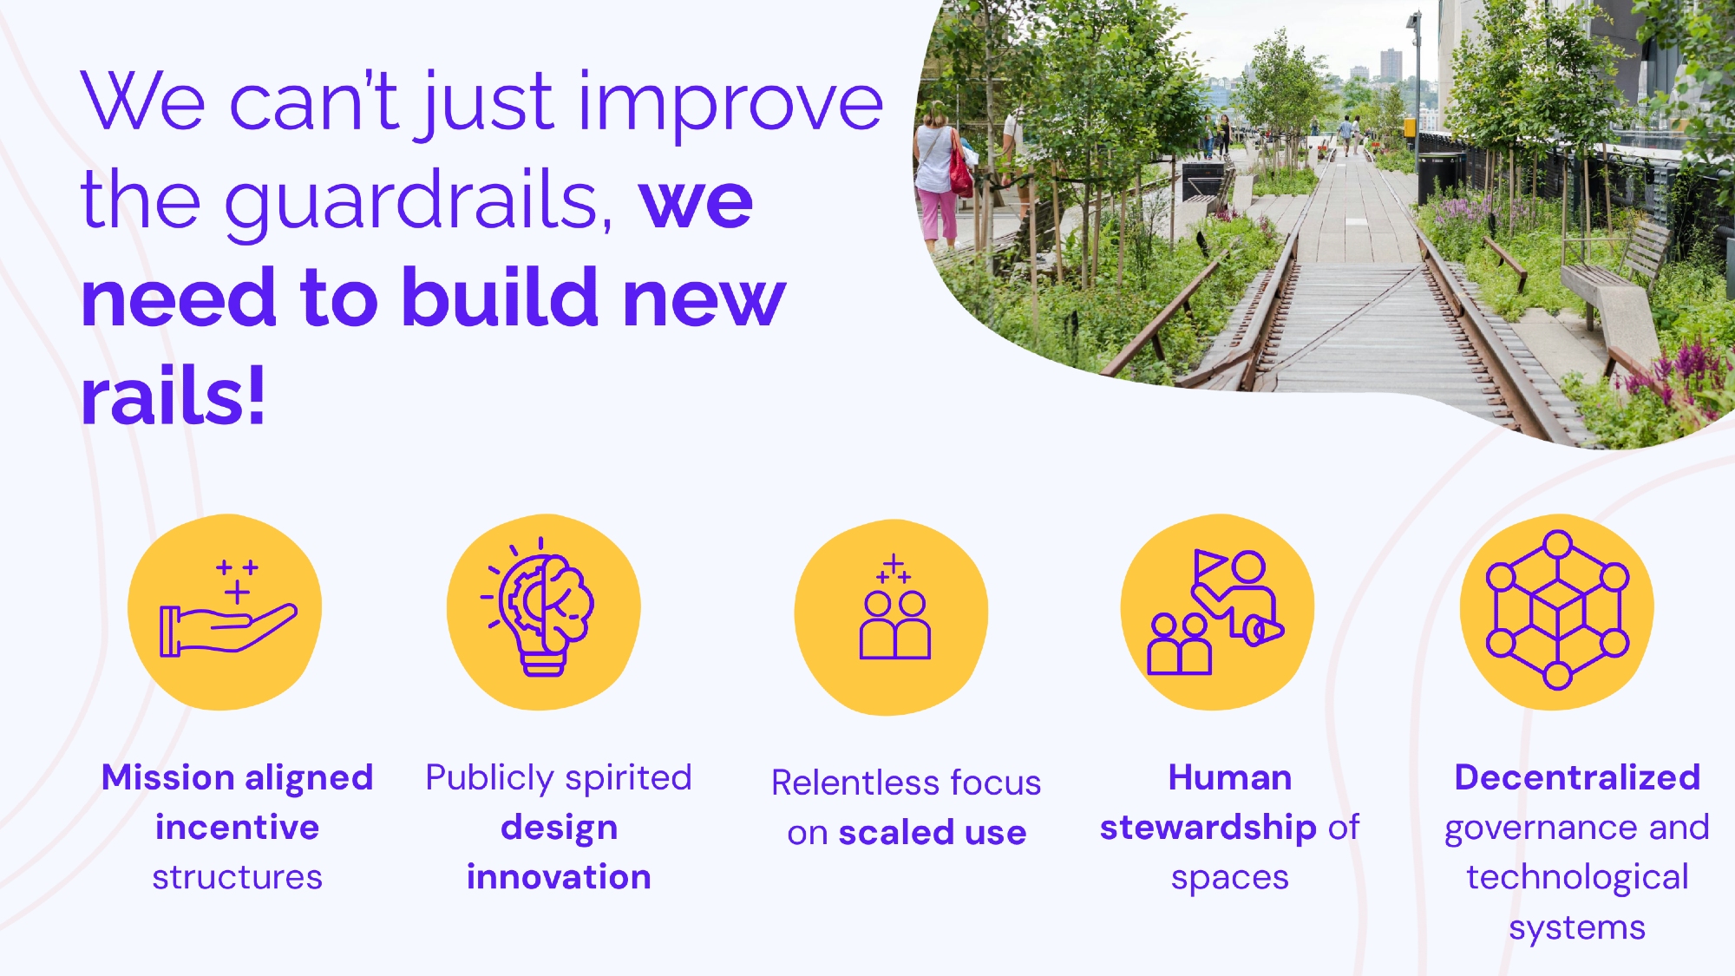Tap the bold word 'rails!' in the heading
tap(173, 396)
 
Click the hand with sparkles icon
tap(228, 607)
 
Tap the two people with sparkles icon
tap(894, 607)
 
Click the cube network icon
tap(1557, 610)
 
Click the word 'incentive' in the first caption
tap(237, 828)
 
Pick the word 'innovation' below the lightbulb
tap(559, 877)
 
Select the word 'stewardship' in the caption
tap(1208, 829)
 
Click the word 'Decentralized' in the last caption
tap(1577, 777)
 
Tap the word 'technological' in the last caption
tap(1577, 878)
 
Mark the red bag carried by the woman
tap(959, 170)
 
